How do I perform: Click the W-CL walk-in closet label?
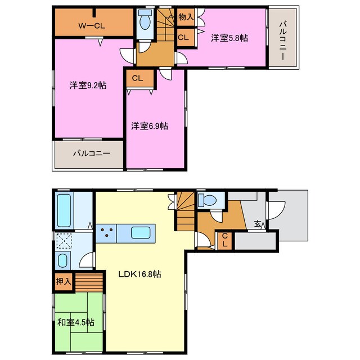tap(92, 25)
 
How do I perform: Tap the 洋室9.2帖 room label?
tap(88, 85)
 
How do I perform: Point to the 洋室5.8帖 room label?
tap(229, 38)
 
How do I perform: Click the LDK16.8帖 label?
tap(139, 274)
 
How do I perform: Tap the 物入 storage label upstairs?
tap(186, 17)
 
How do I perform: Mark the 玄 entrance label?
tap(257, 224)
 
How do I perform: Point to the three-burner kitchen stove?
tap(106, 232)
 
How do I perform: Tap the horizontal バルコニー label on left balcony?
tap(89, 153)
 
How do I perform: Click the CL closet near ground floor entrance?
tap(224, 240)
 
